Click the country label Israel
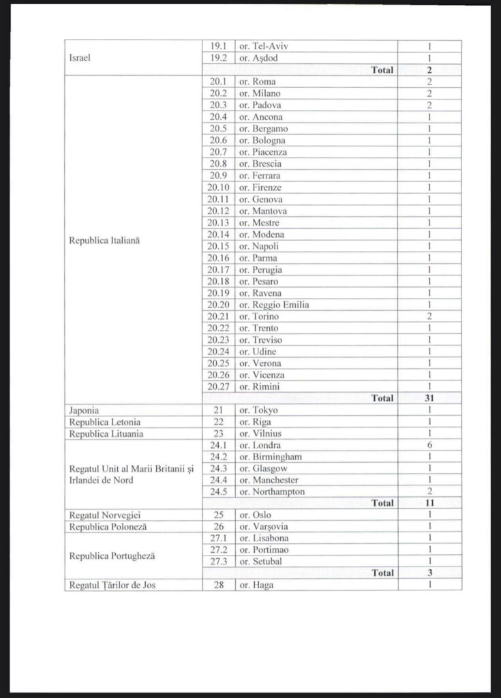click(x=80, y=58)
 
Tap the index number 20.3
click(x=217, y=106)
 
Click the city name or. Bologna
click(x=262, y=140)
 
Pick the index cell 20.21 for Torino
click(x=217, y=317)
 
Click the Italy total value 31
click(x=430, y=398)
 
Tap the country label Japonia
click(x=85, y=410)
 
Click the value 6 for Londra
click(x=430, y=445)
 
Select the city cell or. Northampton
click(x=271, y=491)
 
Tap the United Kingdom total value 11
click(x=430, y=503)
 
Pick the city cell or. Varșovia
click(x=262, y=527)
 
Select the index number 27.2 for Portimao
click(x=218, y=550)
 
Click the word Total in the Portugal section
click(x=382, y=573)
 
